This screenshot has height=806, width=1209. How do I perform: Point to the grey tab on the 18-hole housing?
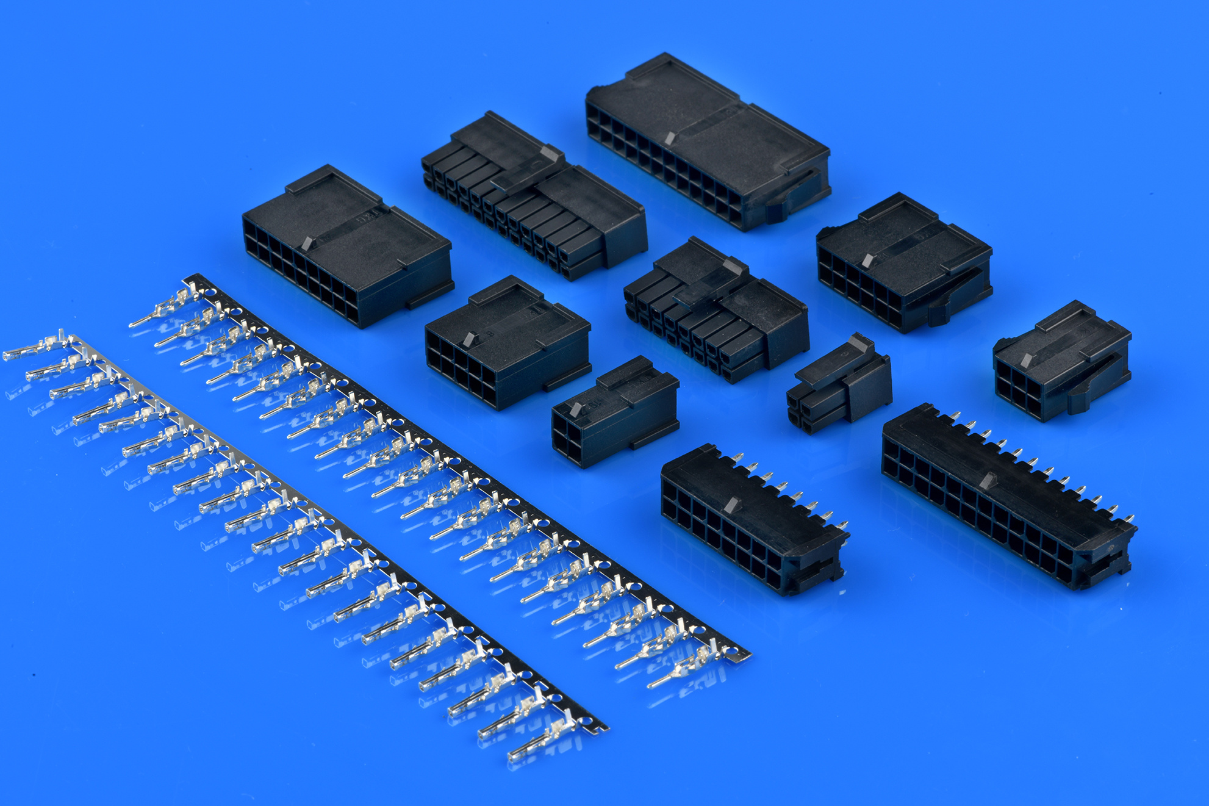(307, 242)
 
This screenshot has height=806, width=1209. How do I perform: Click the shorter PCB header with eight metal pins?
(750, 519)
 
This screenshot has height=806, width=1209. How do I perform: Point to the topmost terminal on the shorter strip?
(37, 348)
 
